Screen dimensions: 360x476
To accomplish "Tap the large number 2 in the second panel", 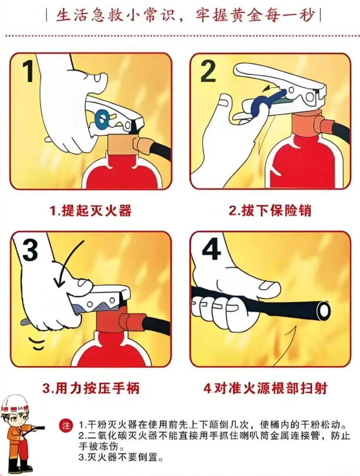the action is tap(208, 71).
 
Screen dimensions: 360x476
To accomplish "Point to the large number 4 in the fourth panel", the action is tap(211, 249).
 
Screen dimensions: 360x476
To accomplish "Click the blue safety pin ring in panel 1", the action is tap(102, 119).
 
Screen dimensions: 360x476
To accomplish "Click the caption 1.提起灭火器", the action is tap(91, 210).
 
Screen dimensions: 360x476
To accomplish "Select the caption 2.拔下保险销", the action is tap(270, 210).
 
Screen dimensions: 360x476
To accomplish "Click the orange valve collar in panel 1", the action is tap(123, 144).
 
